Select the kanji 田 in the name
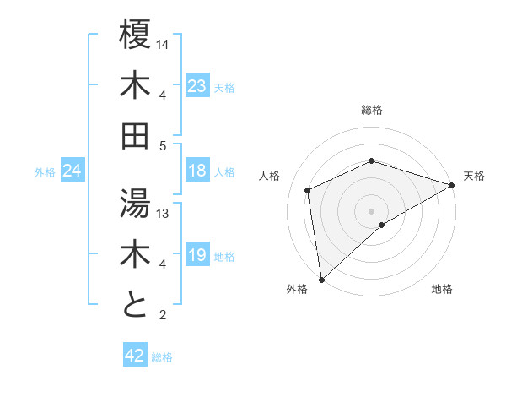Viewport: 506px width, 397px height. click(135, 134)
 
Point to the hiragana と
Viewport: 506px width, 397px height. click(135, 304)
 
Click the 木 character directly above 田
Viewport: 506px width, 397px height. click(135, 85)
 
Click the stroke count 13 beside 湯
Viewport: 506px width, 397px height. click(164, 214)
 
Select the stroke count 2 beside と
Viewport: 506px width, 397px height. click(164, 315)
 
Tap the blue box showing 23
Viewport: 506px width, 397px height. click(197, 86)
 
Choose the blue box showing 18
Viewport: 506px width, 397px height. click(197, 171)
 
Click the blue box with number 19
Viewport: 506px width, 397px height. click(197, 255)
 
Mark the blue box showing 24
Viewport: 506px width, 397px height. click(72, 171)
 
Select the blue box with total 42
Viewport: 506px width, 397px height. click(135, 356)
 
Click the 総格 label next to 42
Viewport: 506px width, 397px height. click(162, 357)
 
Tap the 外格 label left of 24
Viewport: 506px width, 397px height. click(45, 171)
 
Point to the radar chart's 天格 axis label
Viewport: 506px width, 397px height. click(474, 176)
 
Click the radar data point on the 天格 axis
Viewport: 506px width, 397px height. click(451, 185)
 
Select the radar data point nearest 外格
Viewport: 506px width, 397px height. click(321, 280)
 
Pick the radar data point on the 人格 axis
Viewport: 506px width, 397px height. click(309, 190)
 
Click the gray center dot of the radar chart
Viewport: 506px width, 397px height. click(372, 210)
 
